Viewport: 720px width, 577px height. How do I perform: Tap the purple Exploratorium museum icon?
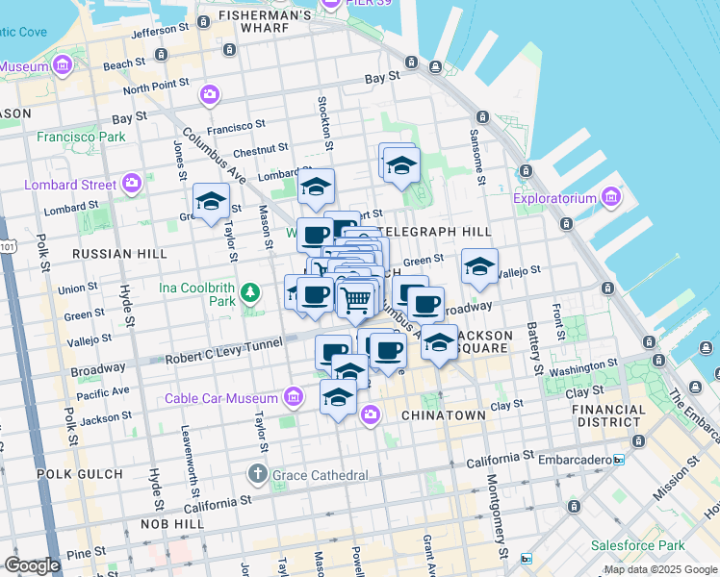coord(609,199)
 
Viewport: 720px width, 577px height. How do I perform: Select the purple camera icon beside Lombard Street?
coord(132,183)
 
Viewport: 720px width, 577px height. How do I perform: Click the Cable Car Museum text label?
coord(221,398)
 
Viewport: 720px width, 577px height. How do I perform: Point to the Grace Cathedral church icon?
coord(257,474)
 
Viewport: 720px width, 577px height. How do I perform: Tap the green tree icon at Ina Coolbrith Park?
coord(250,290)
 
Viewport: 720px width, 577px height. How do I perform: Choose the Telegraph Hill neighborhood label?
coord(435,232)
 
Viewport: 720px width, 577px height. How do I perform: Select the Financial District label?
coord(609,415)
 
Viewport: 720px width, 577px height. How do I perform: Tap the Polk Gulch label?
coord(80,474)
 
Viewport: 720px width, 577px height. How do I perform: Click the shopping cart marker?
coord(356,300)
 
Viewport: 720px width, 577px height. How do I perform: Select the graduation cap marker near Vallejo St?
coord(478,267)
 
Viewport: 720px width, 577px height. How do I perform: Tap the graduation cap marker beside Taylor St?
coord(211,201)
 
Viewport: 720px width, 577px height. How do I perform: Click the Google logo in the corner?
coord(32,565)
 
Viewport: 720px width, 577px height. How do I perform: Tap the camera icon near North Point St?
coord(209,95)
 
